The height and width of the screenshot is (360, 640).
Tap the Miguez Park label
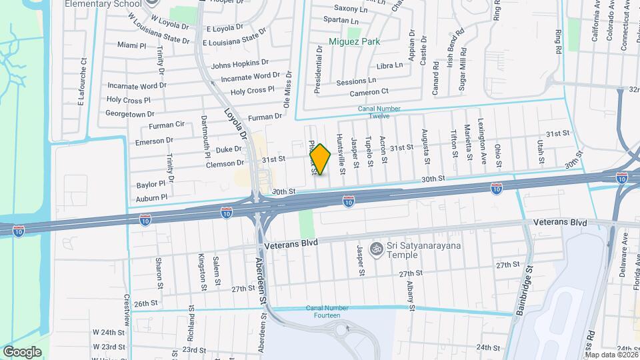pos(354,41)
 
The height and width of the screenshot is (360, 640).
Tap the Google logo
pos(22,351)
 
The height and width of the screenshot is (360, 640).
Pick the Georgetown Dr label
pos(131,114)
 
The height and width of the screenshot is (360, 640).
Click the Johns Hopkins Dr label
pos(239,65)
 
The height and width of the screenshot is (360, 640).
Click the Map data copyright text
pos(610,354)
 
